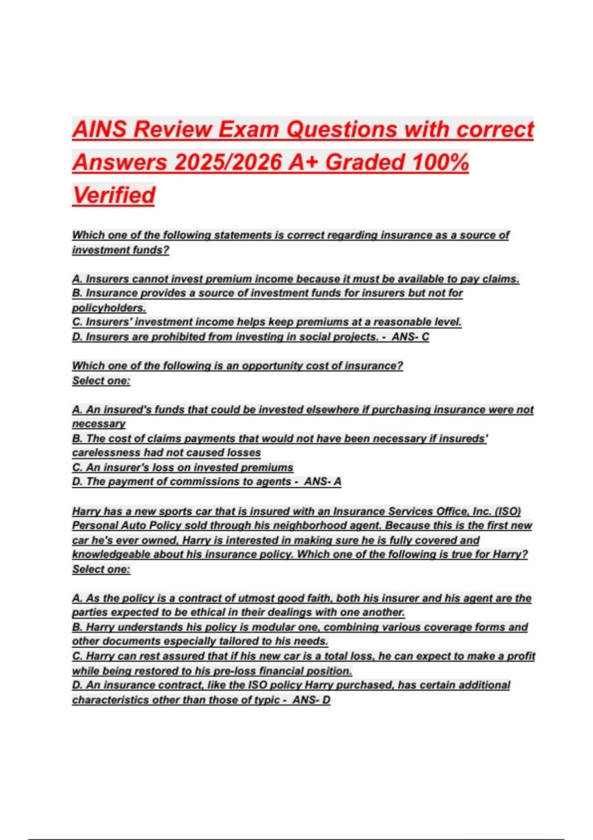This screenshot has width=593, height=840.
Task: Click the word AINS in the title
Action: click(100, 129)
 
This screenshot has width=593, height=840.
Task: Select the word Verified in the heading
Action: click(114, 195)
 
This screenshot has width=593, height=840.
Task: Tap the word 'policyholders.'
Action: click(109, 308)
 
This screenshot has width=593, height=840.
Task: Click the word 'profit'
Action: click(521, 656)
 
